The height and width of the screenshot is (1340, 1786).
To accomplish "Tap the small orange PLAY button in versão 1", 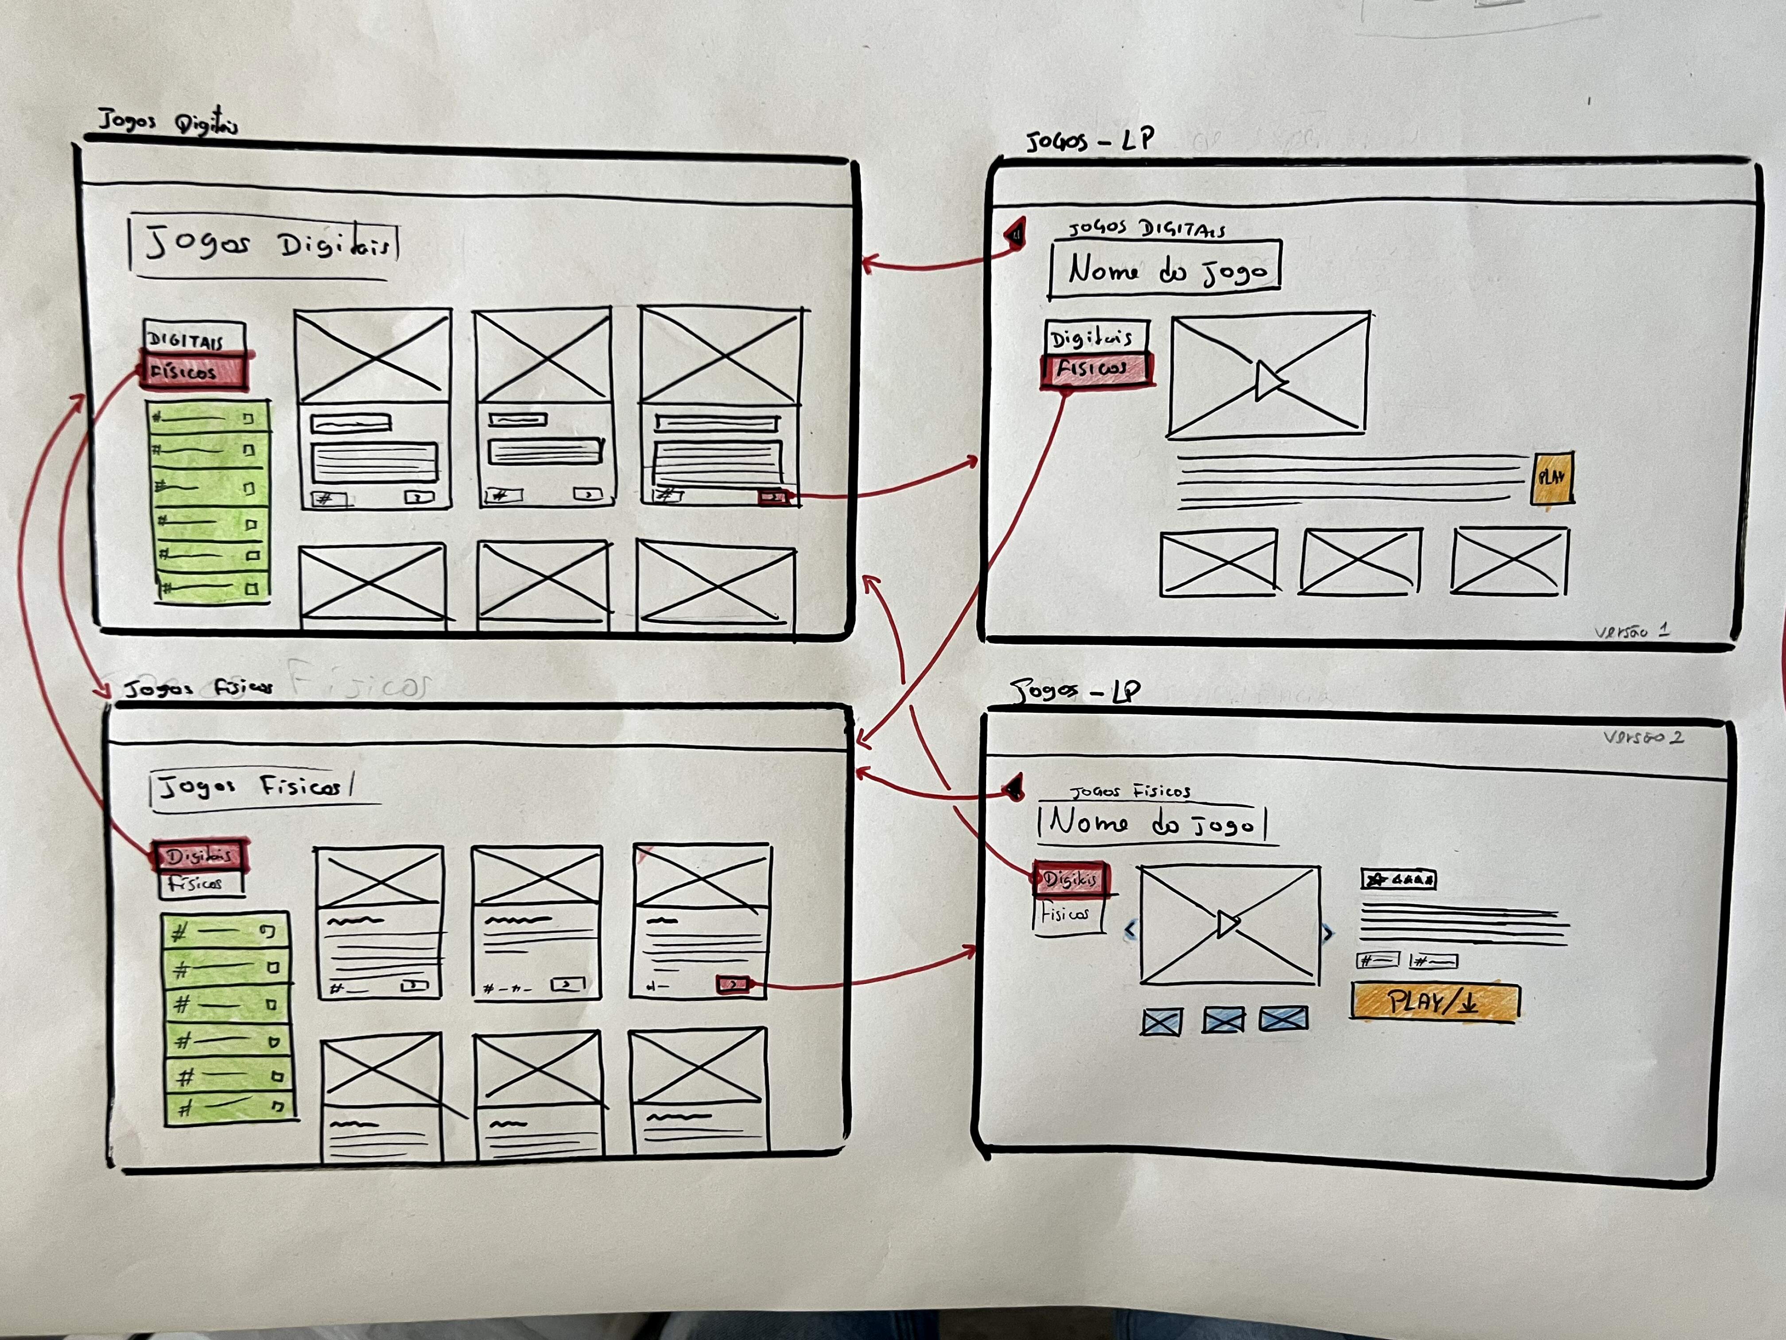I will pyautogui.click(x=1552, y=478).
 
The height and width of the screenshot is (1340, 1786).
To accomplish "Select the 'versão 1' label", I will pyautogui.click(x=1631, y=631).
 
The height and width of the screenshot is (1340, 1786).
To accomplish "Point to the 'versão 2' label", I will pyautogui.click(x=1642, y=736).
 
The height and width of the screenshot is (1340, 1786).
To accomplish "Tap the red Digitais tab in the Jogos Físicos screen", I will pyautogui.click(x=199, y=855).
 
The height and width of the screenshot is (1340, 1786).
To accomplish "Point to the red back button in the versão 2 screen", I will pyautogui.click(x=1014, y=786).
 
